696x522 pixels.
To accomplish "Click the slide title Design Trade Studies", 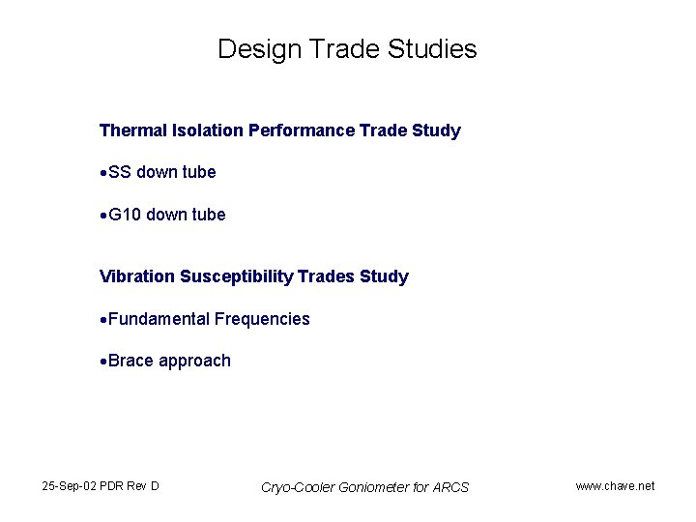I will [x=347, y=49].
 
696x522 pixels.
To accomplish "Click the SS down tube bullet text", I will [x=162, y=172].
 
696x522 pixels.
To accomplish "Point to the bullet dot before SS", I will [x=103, y=173].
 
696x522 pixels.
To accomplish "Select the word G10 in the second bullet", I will [x=125, y=215].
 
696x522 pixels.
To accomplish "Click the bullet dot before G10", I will [x=103, y=216].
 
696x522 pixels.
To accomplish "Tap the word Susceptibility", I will [x=237, y=276].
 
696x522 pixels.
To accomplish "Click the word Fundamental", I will [x=159, y=319].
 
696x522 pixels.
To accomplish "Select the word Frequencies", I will [x=262, y=319].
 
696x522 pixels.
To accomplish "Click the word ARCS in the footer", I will [x=449, y=487].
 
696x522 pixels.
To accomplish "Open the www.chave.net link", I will [x=615, y=485].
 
